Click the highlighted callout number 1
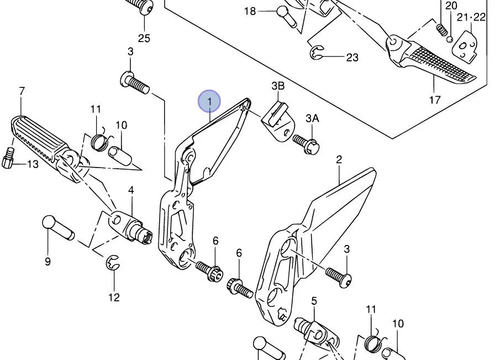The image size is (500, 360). [x=209, y=102]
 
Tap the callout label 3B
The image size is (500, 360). [x=278, y=86]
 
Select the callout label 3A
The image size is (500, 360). [x=312, y=118]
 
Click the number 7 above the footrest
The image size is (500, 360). [x=22, y=91]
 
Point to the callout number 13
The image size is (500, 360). [x=33, y=164]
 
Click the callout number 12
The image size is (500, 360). [x=114, y=298]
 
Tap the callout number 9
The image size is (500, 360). [x=48, y=262]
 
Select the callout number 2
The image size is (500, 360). [x=339, y=160]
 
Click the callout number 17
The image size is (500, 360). [x=435, y=100]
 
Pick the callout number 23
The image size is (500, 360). [x=352, y=57]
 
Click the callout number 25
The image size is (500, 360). [x=144, y=38]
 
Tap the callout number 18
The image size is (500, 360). [x=250, y=11]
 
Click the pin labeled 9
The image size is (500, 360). [x=57, y=227]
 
